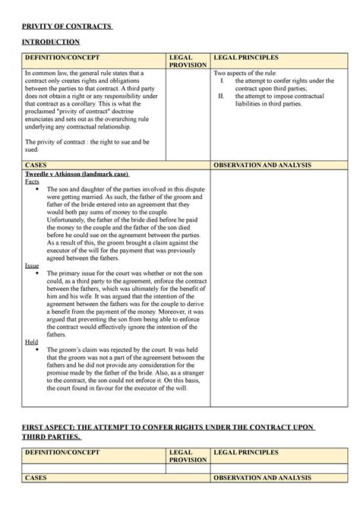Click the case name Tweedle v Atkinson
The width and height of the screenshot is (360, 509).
(68, 175)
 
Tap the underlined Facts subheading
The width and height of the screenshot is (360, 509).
(33, 182)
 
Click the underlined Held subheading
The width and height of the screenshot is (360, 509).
(32, 342)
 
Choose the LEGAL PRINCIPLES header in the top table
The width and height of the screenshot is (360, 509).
(246, 57)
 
